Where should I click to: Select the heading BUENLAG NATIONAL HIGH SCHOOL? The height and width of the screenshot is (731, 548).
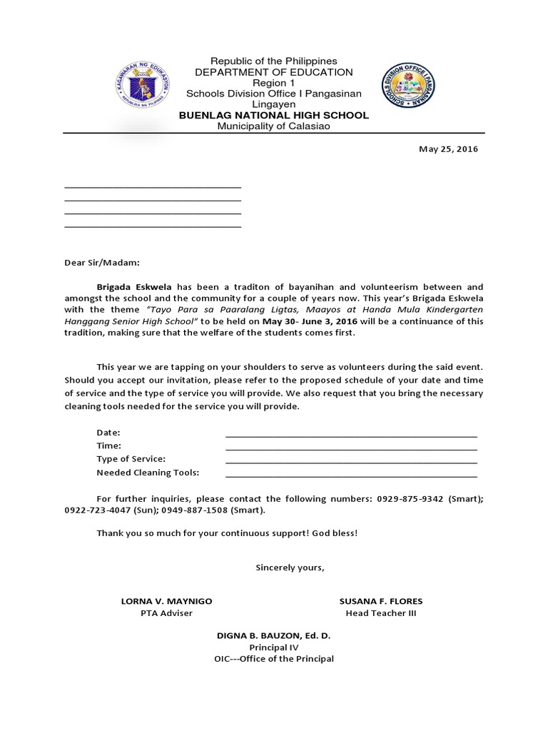(x=273, y=115)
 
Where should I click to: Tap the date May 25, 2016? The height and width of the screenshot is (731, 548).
(x=447, y=149)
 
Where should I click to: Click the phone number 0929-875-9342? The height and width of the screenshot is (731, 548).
(x=410, y=498)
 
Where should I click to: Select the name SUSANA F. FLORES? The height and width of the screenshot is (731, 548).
(x=380, y=601)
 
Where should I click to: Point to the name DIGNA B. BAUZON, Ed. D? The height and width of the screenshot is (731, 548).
(x=273, y=635)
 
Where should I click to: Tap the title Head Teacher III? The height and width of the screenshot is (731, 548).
(x=380, y=613)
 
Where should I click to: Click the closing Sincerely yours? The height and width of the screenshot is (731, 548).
(x=290, y=568)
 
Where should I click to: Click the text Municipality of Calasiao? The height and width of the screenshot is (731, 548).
(x=273, y=126)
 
